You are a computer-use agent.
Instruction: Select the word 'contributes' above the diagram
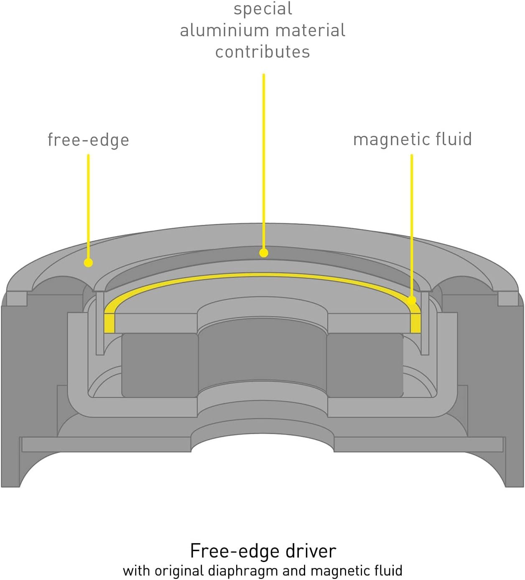262,52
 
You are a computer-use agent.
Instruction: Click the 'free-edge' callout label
88,140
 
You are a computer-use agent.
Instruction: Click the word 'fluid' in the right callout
454,139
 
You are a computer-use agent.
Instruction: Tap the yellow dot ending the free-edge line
88,263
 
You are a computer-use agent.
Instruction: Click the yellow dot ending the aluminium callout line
264,253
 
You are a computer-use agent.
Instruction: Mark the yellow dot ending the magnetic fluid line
412,300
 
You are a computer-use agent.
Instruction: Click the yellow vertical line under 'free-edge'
88,205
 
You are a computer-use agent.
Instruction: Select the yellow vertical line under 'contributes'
264,159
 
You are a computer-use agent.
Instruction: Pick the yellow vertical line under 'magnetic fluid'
412,221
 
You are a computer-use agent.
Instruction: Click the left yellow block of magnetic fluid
109,322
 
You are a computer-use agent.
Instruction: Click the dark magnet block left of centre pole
160,364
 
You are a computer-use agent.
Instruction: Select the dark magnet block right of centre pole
364,364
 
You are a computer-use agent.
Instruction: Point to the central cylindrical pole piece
262,355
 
